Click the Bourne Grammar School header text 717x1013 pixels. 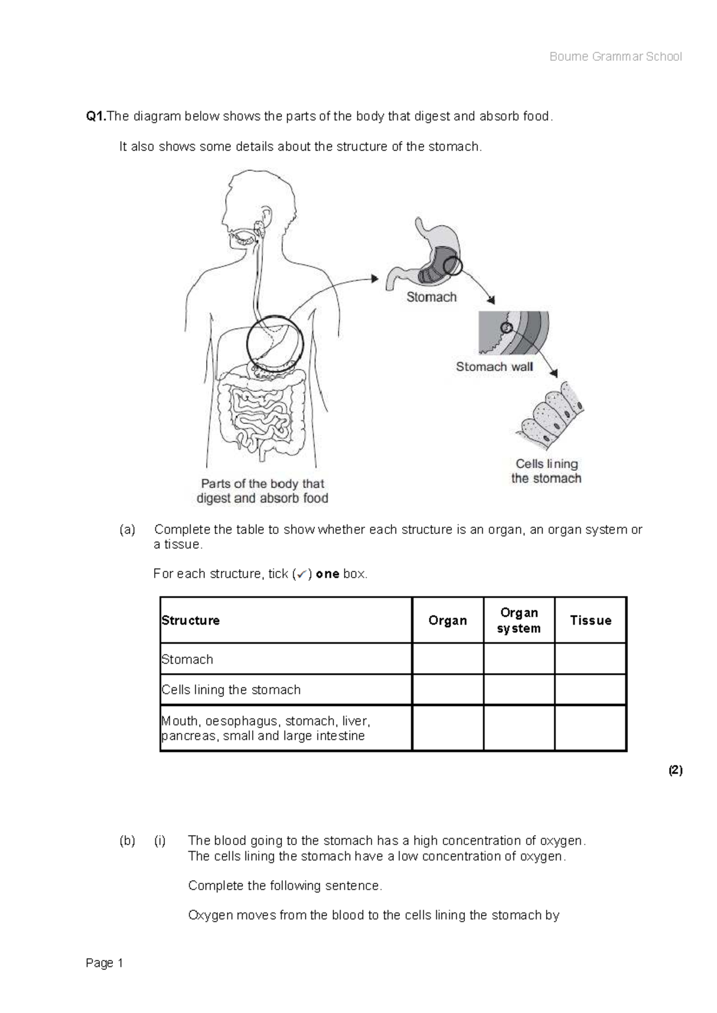tap(615, 57)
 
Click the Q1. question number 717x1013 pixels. tap(96, 116)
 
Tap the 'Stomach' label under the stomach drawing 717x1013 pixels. tap(431, 297)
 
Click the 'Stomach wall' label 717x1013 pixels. tap(494, 367)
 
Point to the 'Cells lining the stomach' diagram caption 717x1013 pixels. tap(546, 471)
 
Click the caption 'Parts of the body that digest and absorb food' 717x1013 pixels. tap(262, 491)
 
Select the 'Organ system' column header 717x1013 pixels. tap(519, 621)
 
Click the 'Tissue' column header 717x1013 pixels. tap(590, 621)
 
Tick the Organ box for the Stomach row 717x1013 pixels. tap(448, 659)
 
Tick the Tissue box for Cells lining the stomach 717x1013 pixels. tap(590, 690)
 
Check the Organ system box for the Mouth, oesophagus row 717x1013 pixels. tap(519, 728)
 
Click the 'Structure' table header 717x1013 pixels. tap(191, 621)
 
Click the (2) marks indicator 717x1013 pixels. tap(675, 771)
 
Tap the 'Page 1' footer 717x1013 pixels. tap(105, 963)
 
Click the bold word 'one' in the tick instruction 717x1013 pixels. tap(327, 574)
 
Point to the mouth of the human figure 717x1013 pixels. tap(242, 238)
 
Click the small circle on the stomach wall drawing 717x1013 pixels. tap(506, 327)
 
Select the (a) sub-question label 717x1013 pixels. tap(127, 530)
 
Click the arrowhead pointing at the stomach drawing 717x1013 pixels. tap(375, 278)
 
